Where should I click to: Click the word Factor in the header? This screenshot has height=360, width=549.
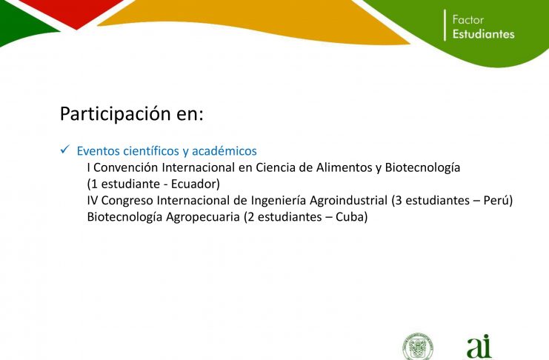click(x=468, y=19)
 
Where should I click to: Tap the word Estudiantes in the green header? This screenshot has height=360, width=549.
click(x=484, y=34)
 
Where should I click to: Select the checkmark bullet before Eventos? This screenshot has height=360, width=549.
click(x=65, y=150)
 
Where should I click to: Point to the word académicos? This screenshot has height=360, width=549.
click(x=224, y=151)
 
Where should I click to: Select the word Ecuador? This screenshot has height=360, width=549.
click(x=193, y=184)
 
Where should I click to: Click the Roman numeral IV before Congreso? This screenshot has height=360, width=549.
click(x=93, y=200)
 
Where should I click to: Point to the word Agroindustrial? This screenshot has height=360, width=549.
click(x=349, y=200)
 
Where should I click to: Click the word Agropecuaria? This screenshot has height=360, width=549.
click(x=203, y=217)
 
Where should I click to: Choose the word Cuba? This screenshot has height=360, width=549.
click(x=350, y=217)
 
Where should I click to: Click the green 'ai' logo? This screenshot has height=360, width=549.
click(x=479, y=347)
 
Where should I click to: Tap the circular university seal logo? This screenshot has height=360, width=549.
click(x=417, y=347)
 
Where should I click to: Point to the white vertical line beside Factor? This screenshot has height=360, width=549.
click(x=445, y=25)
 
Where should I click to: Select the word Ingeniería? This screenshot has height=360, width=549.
click(x=279, y=200)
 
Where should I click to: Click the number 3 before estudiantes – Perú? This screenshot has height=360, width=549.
click(x=399, y=200)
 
